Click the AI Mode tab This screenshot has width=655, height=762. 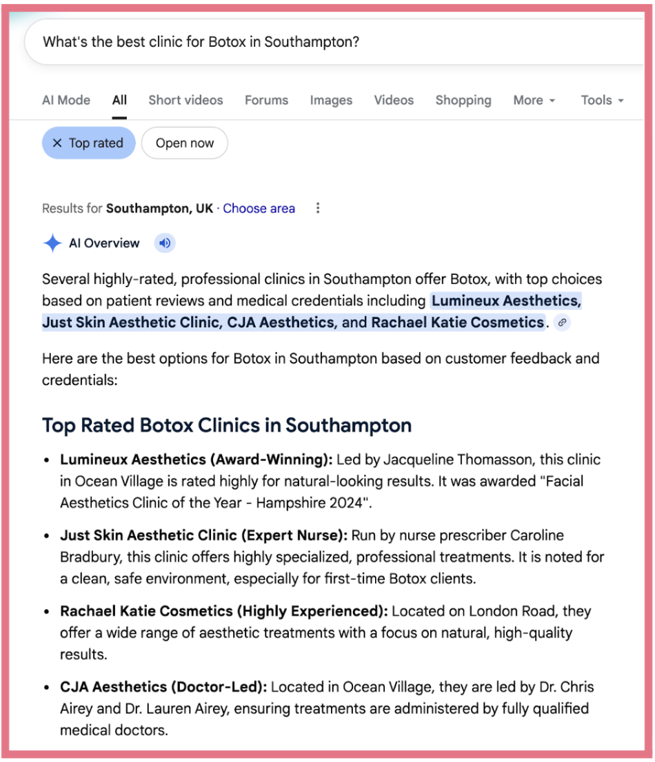pyautogui.click(x=66, y=100)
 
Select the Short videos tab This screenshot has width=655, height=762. pyautogui.click(x=185, y=100)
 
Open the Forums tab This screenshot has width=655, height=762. pyautogui.click(x=266, y=100)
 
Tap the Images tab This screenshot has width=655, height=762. pyautogui.click(x=331, y=100)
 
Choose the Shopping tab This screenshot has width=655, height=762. pyautogui.click(x=463, y=100)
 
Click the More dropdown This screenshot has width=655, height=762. pyautogui.click(x=534, y=100)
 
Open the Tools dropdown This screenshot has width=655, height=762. pyautogui.click(x=602, y=100)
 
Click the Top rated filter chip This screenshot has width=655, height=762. pyautogui.click(x=88, y=143)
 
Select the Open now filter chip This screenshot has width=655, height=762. pyautogui.click(x=184, y=143)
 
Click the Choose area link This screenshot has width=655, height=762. pyautogui.click(x=259, y=208)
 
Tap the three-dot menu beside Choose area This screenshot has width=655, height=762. pyautogui.click(x=317, y=208)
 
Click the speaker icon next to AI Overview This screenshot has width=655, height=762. pyautogui.click(x=164, y=243)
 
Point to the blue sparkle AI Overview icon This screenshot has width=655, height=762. pyautogui.click(x=52, y=243)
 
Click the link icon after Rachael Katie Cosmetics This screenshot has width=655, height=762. pyautogui.click(x=563, y=322)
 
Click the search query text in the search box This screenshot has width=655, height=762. pyautogui.click(x=201, y=41)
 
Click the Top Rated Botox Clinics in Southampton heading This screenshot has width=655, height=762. pyautogui.click(x=227, y=425)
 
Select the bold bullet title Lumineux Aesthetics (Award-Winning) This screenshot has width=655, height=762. pyautogui.click(x=196, y=460)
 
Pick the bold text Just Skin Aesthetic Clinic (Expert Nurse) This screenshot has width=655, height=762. pyautogui.click(x=205, y=535)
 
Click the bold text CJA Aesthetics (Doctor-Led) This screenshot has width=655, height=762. pyautogui.click(x=165, y=687)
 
